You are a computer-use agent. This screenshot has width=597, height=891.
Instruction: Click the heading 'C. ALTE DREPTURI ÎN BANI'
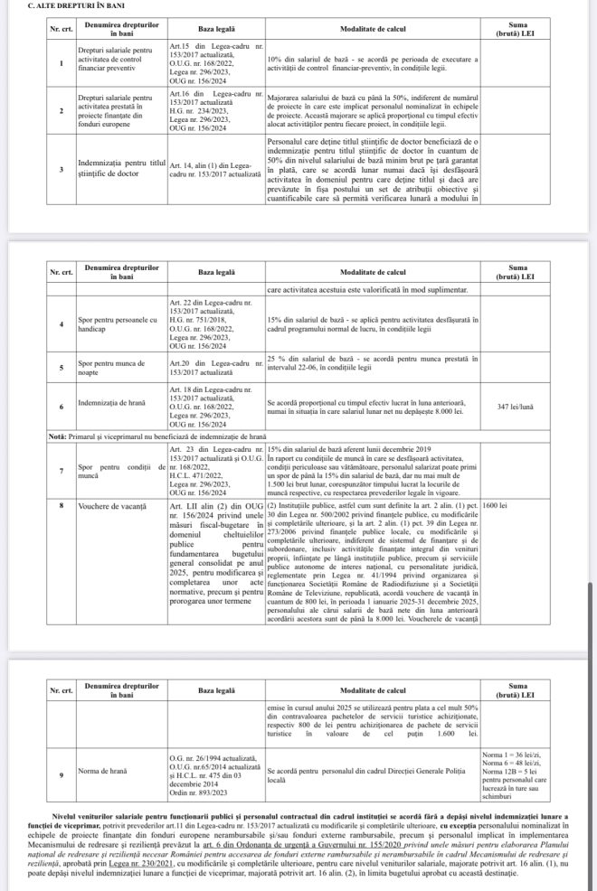[x=57, y=6]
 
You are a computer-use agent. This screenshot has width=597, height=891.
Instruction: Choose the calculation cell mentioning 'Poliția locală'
[x=373, y=774]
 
